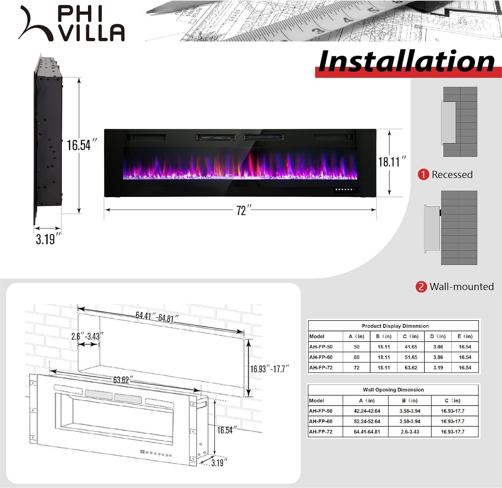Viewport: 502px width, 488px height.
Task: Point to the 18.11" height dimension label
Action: coord(392,162)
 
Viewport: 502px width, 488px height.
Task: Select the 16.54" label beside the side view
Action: coord(81,145)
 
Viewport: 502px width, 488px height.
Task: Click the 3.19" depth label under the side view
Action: coord(48,239)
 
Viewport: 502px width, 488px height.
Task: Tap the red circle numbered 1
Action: coord(423,175)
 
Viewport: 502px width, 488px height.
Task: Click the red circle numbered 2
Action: coord(421,287)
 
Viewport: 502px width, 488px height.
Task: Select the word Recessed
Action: coord(452,175)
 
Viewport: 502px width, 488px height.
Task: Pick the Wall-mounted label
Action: coord(462,287)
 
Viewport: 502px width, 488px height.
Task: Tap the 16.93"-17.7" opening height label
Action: coord(269,369)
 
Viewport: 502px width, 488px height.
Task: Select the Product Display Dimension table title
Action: coord(395,326)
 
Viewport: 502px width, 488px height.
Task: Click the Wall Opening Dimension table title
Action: coord(393,390)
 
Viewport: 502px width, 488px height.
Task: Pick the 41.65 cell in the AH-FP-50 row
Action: coord(411,347)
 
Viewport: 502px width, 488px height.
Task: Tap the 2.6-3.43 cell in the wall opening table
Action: coord(410,432)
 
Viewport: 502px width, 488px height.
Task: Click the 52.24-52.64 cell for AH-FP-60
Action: coord(367,421)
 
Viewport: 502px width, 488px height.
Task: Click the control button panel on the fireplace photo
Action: coord(345,190)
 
